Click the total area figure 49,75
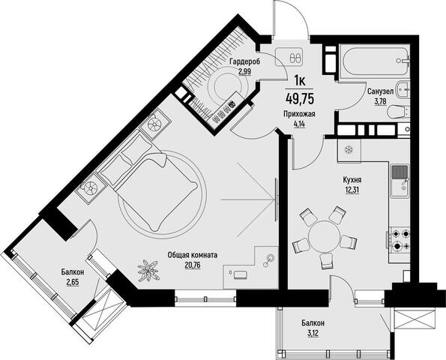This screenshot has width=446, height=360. [x=300, y=99]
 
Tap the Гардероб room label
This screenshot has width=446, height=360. [x=244, y=61]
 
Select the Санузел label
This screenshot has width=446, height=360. [x=380, y=91]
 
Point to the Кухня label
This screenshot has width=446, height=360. [x=352, y=180]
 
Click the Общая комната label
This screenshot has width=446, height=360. [x=193, y=255]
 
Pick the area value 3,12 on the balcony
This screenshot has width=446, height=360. [x=313, y=333]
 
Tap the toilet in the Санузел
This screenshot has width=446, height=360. [x=398, y=112]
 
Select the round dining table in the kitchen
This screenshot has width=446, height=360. [x=325, y=236]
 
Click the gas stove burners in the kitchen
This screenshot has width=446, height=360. [x=400, y=239]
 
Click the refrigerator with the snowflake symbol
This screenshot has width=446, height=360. [x=349, y=151]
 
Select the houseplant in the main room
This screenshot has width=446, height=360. [x=148, y=270]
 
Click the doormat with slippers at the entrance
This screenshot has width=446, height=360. [x=289, y=57]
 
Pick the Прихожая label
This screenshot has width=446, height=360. [x=299, y=114]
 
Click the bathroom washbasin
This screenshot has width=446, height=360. [x=403, y=89]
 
